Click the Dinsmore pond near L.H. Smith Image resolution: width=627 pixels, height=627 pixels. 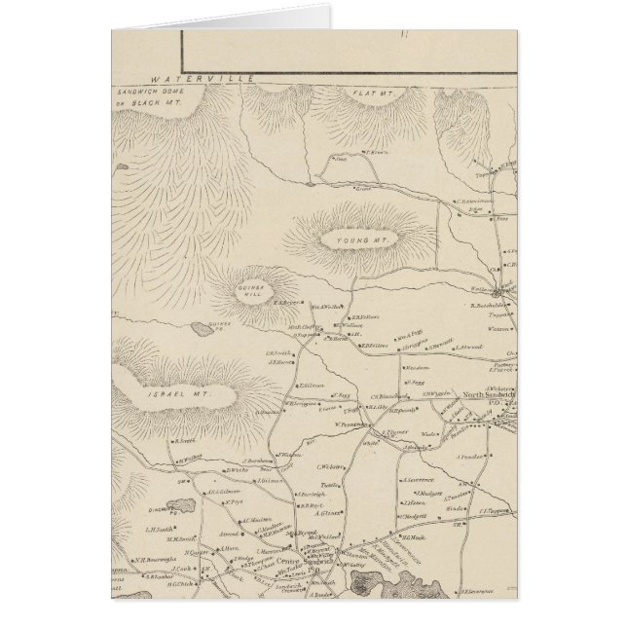(144, 504)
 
